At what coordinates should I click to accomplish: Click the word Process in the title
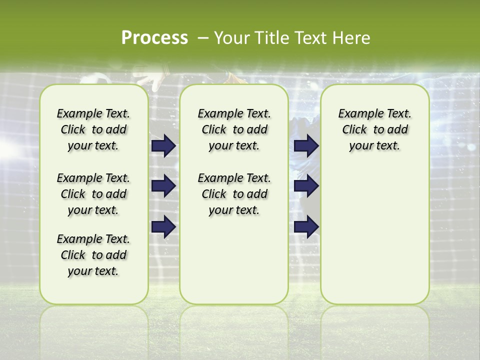coord(154,37)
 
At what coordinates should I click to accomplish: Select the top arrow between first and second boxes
coord(163,146)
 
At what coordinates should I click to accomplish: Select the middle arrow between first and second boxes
coord(163,186)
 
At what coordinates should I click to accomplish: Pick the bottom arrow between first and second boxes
coord(163,226)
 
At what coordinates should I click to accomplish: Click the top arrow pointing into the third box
coord(306,146)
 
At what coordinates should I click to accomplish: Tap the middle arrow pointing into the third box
coord(306,186)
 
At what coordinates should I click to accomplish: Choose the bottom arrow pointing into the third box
coord(306,226)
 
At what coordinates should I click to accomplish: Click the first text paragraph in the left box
coord(93,129)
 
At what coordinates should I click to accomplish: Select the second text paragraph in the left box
coord(93,194)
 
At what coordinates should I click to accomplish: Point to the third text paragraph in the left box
coord(93,255)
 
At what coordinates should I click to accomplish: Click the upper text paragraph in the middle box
coord(234,129)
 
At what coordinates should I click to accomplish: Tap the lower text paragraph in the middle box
coord(234,194)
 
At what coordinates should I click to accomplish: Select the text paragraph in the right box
coord(374,129)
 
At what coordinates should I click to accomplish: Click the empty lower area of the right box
coord(374,235)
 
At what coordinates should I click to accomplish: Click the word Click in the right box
coord(354,129)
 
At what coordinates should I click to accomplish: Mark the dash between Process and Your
coord(203,38)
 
